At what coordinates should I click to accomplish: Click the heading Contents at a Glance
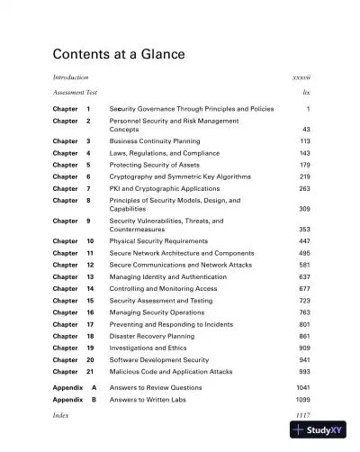(119, 55)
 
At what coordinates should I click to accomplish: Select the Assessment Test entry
(76, 94)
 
